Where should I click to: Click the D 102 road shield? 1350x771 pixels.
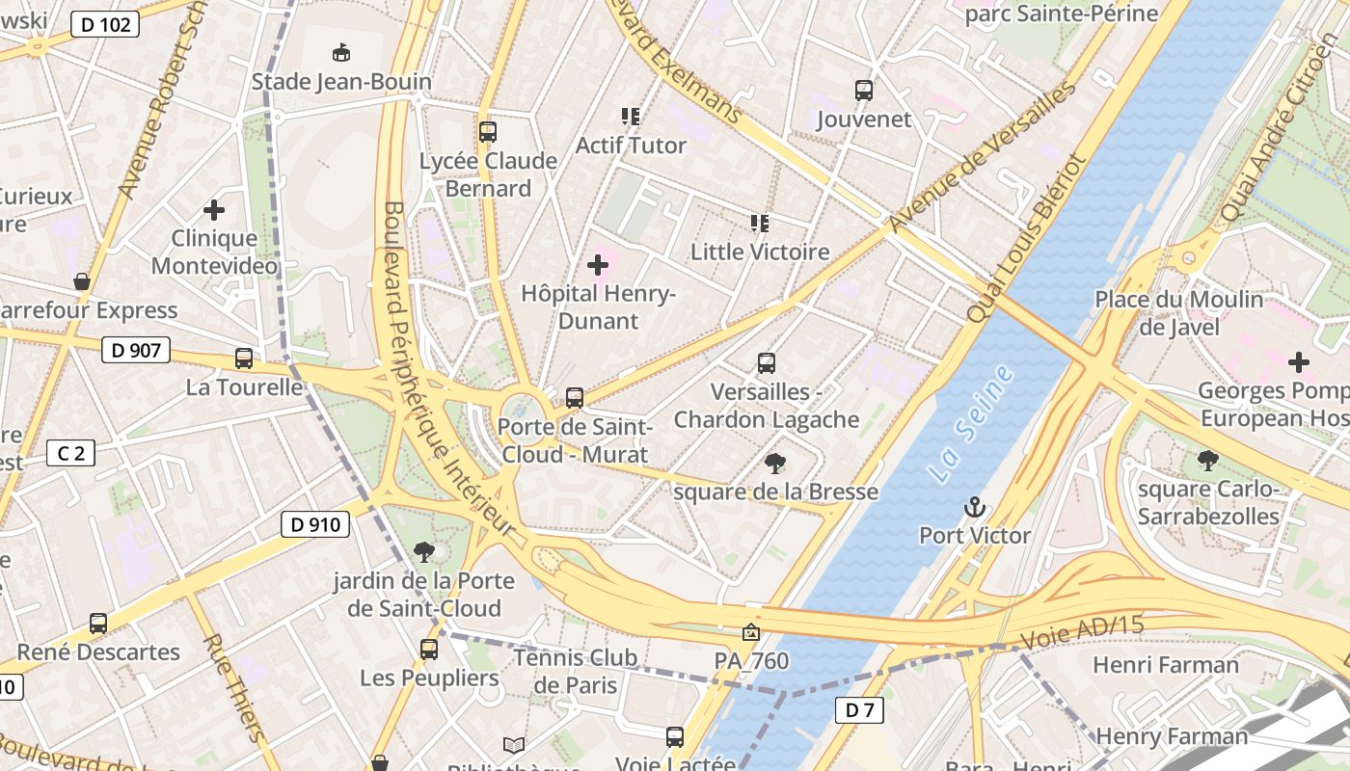tap(105, 25)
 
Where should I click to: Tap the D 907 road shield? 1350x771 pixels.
tap(136, 350)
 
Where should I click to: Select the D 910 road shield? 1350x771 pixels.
tap(314, 524)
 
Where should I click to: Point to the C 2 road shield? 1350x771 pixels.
tap(71, 452)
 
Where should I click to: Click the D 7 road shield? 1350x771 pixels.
tap(858, 710)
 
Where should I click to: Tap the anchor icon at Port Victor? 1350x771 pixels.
tap(975, 507)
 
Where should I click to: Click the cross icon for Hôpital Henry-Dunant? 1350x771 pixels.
tap(598, 264)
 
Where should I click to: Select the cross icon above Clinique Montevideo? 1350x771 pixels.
tap(214, 209)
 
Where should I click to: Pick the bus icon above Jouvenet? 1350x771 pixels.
tap(864, 91)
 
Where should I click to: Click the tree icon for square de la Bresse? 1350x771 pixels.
tap(775, 464)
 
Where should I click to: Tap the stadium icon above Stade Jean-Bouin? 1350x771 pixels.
tap(340, 52)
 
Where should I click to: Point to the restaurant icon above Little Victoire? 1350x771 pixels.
tap(760, 224)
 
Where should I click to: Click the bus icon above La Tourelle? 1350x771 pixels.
tap(244, 359)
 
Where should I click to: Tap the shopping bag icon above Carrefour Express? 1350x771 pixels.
tap(82, 281)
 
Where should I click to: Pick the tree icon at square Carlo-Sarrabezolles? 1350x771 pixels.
tap(1207, 461)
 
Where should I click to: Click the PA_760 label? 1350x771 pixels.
tap(751, 661)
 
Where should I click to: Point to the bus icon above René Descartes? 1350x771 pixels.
tap(98, 624)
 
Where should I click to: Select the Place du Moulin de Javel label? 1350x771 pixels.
tap(1178, 313)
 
